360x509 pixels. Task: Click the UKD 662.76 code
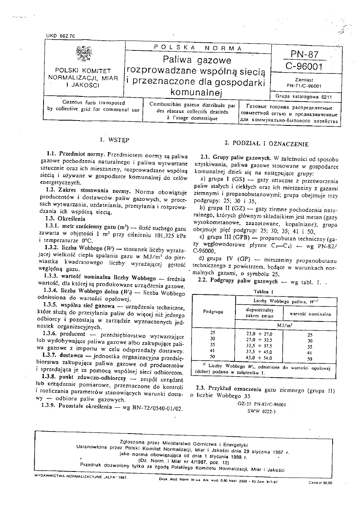[x=60, y=36]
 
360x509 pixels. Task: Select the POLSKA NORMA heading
[x=198, y=48]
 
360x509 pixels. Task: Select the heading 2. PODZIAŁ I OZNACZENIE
[x=266, y=144]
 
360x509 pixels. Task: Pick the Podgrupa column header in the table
[x=214, y=312]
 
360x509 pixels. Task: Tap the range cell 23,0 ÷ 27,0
[x=259, y=334]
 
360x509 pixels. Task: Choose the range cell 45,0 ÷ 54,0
[x=259, y=357]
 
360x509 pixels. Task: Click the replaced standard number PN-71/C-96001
[x=305, y=86]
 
